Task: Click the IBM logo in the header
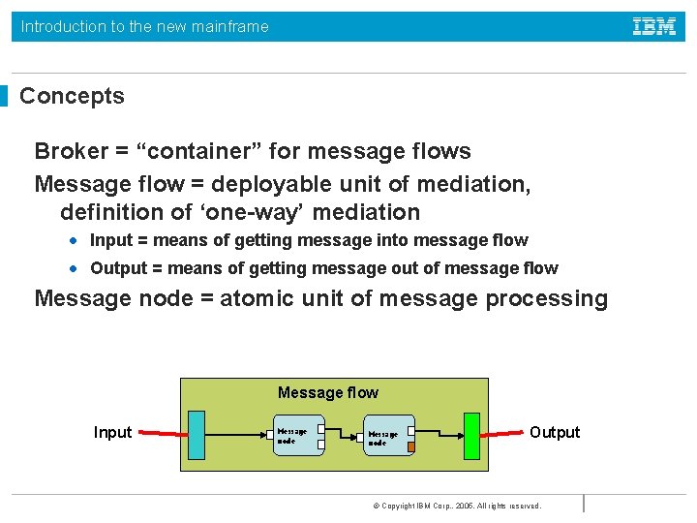coord(654,26)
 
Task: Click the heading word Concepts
coord(72,96)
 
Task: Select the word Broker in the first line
coord(71,151)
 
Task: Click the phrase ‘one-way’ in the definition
coord(244,212)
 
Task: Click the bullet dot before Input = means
coord(74,240)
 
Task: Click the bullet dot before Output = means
coord(74,268)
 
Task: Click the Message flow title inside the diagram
coord(327,392)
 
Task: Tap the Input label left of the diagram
coord(112,432)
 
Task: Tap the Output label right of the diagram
coord(555,432)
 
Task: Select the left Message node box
coord(297,436)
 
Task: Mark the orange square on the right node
coord(410,446)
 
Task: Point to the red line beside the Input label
coord(160,433)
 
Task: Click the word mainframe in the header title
coord(229,26)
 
